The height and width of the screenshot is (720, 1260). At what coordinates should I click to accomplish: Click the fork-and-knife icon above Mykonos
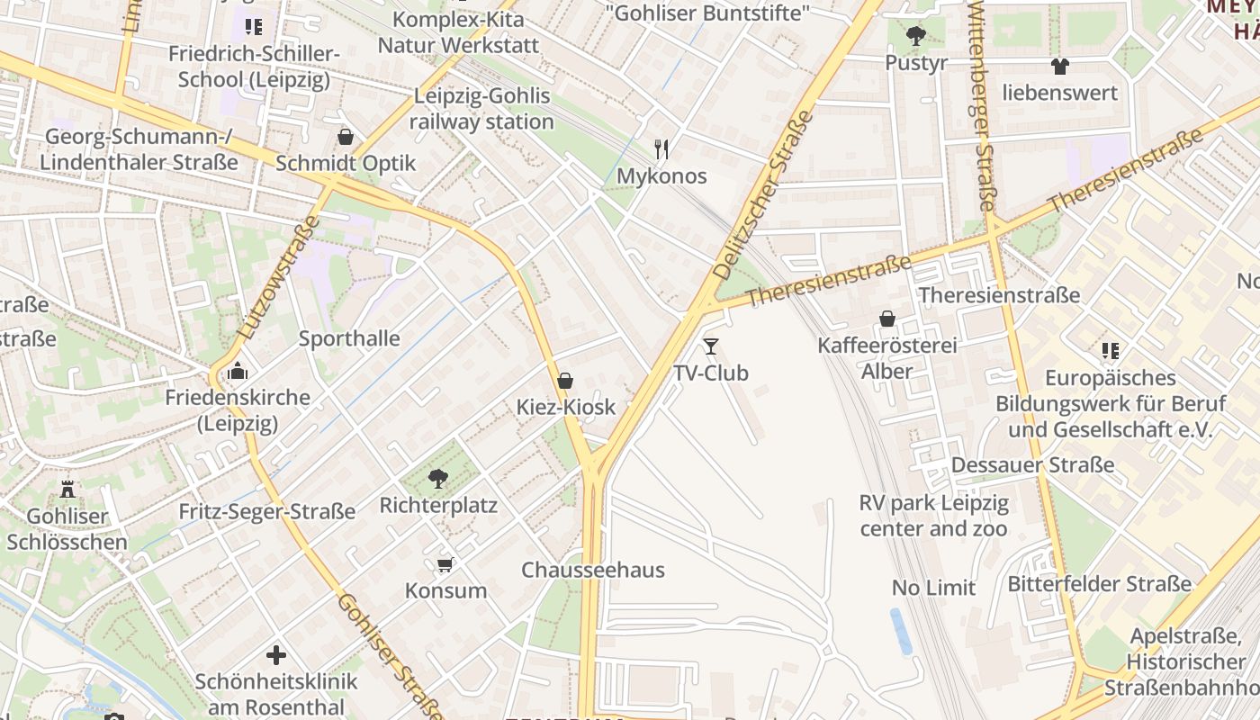661,148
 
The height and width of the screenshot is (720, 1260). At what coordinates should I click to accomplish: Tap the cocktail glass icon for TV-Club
711,346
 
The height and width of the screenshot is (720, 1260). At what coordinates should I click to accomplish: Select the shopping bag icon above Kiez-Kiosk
565,381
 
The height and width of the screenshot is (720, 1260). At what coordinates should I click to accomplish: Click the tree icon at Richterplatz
438,478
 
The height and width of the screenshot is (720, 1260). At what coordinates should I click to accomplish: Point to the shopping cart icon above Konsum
445,564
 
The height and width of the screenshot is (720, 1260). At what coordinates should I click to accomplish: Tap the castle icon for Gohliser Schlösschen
67,489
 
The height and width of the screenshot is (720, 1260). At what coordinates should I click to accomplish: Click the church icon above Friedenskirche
238,371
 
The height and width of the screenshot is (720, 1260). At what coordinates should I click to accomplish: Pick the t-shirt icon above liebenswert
1060,66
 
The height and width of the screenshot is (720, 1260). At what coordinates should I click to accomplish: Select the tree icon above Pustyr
916,37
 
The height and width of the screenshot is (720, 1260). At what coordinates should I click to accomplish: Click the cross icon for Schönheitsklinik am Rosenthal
276,654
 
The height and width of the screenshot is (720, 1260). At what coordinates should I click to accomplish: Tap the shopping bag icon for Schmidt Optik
346,137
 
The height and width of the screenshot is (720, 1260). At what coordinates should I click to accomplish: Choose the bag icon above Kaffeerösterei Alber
887,319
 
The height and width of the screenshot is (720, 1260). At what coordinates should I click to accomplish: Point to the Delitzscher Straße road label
762,194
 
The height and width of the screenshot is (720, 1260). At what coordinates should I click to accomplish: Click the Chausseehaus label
593,570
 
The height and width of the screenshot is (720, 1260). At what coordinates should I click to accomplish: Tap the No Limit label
933,588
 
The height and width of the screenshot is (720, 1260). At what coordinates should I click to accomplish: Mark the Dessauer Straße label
1032,465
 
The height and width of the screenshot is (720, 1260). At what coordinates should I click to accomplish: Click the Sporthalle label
349,339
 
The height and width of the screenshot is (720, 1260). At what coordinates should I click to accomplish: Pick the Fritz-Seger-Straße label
267,512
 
